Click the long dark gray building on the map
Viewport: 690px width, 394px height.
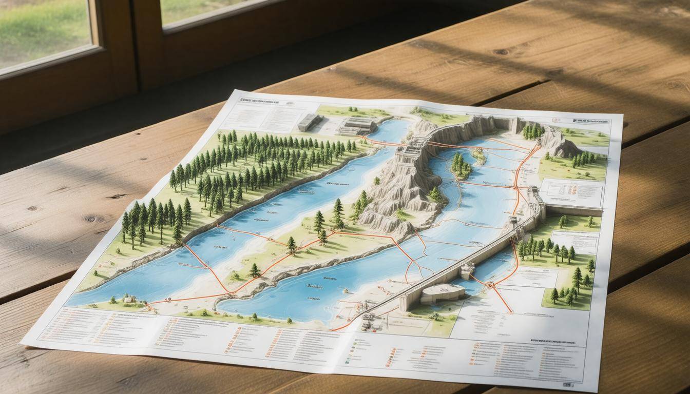point(310,122)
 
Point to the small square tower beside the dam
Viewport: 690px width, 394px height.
point(467,270)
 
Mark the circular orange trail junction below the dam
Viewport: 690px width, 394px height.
point(490,284)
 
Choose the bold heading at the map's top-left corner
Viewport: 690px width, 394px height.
point(262,100)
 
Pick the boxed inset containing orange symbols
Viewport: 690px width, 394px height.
point(571,193)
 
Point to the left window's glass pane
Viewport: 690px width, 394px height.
point(44,31)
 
